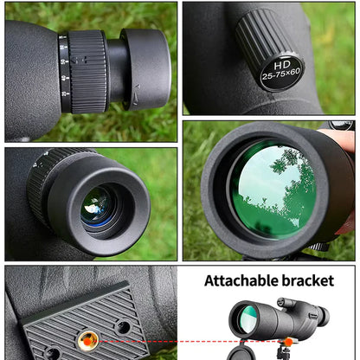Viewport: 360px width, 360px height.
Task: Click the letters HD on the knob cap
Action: [x=282, y=65]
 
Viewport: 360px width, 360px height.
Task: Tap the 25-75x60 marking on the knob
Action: [x=281, y=74]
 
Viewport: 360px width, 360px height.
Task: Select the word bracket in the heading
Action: [x=308, y=280]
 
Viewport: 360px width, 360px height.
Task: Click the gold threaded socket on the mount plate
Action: [x=87, y=341]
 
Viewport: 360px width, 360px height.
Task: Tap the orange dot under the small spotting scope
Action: [x=288, y=342]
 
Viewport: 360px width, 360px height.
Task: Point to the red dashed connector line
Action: [x=191, y=342]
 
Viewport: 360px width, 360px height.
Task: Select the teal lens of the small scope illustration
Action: [x=247, y=319]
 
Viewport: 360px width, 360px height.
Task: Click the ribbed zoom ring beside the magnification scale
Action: [x=87, y=72]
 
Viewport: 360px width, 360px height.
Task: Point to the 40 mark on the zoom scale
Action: [x=64, y=78]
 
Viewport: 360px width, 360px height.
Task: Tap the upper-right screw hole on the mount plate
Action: [x=123, y=327]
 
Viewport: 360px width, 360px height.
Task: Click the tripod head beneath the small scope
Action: [x=284, y=353]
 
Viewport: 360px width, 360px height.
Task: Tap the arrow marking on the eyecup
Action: [x=136, y=94]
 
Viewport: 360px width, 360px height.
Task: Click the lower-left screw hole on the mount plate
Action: [x=53, y=354]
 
